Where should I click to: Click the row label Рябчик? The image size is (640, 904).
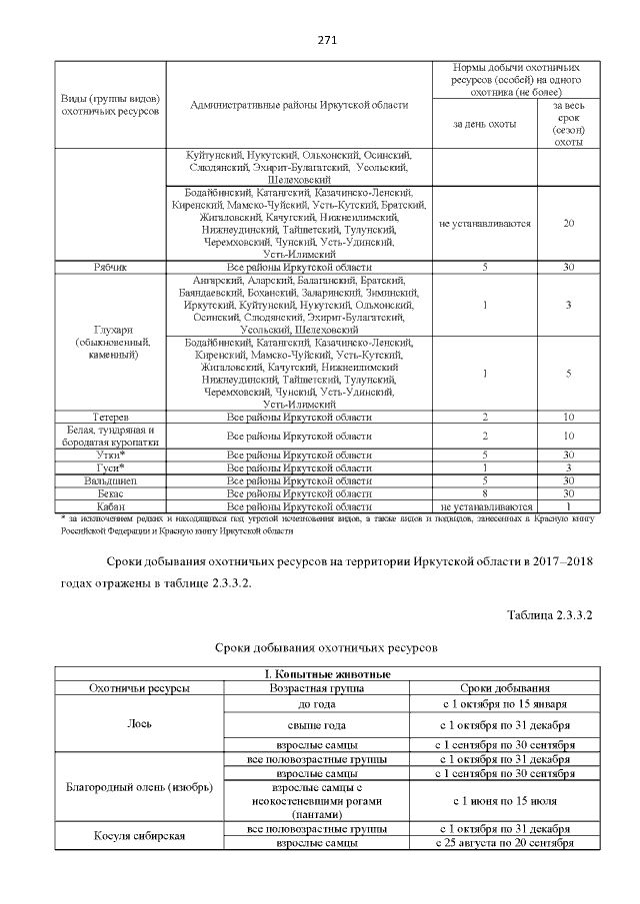click(109, 268)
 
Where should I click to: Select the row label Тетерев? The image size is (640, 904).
click(109, 417)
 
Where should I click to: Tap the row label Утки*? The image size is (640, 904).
click(109, 454)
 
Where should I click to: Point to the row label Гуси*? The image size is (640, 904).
click(109, 467)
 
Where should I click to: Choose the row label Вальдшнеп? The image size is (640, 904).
click(109, 480)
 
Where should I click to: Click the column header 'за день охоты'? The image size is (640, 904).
click(484, 123)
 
